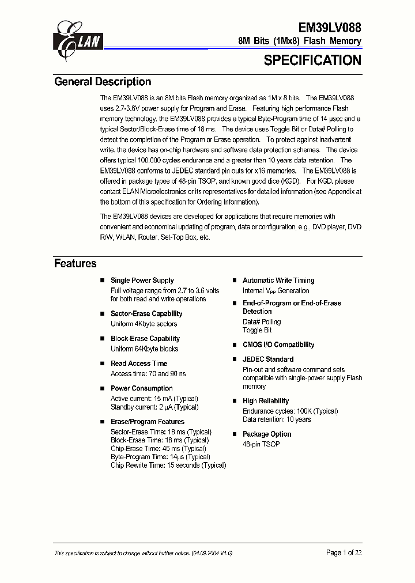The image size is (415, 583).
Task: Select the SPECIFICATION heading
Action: point(312,60)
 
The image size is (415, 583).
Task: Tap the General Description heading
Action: point(103,82)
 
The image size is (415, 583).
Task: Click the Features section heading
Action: point(76,264)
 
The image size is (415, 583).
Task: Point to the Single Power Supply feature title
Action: point(142,281)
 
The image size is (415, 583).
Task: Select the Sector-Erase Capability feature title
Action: point(146,314)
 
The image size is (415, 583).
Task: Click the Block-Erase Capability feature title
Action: point(145,339)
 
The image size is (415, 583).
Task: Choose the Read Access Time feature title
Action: point(139,364)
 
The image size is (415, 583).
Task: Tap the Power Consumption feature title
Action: point(142,388)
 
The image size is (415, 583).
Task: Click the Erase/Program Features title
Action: point(148,422)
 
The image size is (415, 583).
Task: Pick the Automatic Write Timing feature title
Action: point(278,281)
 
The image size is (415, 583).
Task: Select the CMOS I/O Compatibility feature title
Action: point(278,344)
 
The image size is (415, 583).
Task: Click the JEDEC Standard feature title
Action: point(268,359)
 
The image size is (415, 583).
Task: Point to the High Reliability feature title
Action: point(266,401)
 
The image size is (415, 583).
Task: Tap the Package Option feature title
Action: point(267,434)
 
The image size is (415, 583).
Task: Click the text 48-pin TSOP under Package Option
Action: point(261,444)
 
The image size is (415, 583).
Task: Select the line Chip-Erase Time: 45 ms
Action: point(159,449)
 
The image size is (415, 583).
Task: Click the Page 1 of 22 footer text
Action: point(344,552)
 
